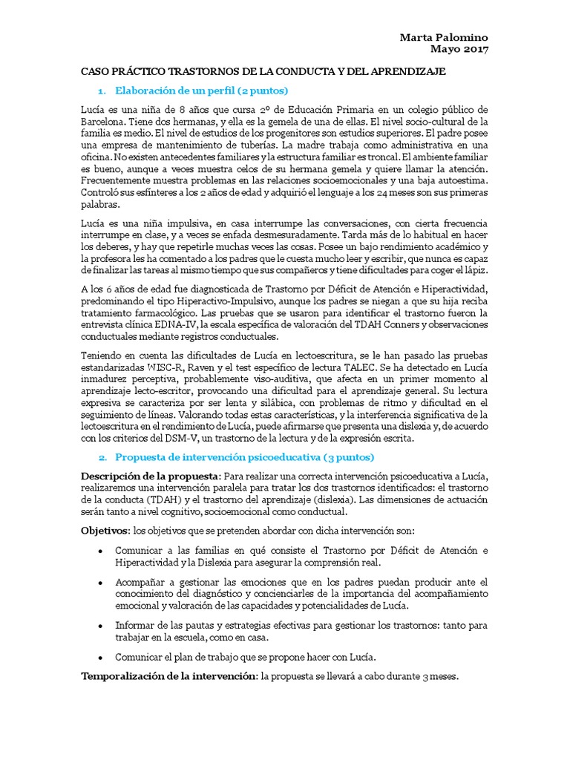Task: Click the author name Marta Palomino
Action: (x=444, y=38)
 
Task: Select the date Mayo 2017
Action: (x=460, y=50)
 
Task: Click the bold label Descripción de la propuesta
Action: (x=148, y=475)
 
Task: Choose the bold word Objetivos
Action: (x=103, y=531)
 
